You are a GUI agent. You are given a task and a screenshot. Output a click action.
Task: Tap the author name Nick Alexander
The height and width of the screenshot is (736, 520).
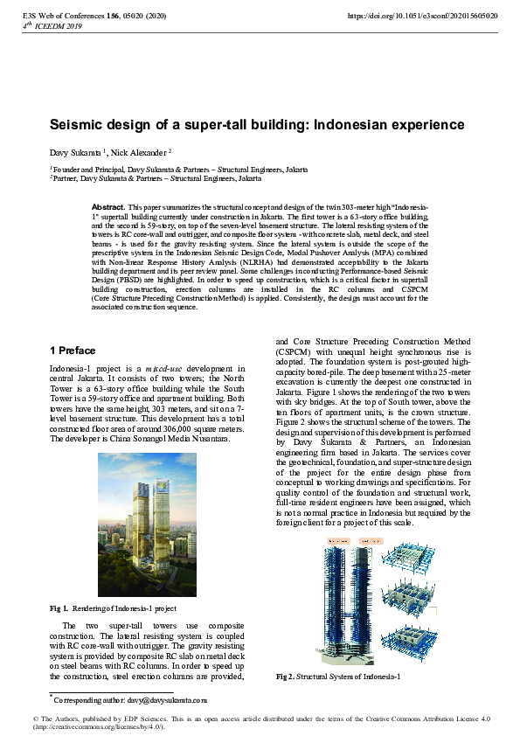pyautogui.click(x=140, y=151)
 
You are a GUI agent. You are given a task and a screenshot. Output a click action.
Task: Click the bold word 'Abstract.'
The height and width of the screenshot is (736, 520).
pyautogui.click(x=109, y=206)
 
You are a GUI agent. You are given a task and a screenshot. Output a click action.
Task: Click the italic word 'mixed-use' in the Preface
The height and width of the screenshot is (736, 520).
pyautogui.click(x=164, y=369)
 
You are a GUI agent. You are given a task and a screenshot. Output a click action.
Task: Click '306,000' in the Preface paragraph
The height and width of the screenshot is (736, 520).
pyautogui.click(x=175, y=429)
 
